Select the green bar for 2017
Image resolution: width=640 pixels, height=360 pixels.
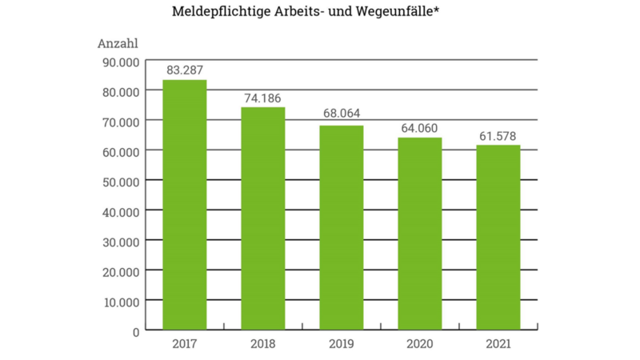[x=185, y=204]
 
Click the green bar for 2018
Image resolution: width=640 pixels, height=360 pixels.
[x=263, y=218]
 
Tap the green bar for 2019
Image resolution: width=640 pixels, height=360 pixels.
[x=342, y=227]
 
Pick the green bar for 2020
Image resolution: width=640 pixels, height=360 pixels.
[x=420, y=233]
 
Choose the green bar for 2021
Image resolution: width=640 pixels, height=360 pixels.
[x=498, y=237]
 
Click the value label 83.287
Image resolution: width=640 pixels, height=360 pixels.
[x=185, y=70]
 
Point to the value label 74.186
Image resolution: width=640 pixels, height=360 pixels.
[x=263, y=98]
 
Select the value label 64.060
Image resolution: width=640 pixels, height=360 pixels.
[x=420, y=128]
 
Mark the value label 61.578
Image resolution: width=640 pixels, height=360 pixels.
[x=498, y=135]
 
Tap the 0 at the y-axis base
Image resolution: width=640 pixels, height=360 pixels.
[x=136, y=330]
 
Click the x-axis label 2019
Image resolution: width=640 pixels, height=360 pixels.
[x=342, y=344]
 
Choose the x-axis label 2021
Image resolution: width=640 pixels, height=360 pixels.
[x=498, y=344]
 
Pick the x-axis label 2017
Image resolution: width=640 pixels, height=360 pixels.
[x=185, y=344]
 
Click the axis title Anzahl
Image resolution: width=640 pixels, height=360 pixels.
[x=118, y=43]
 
